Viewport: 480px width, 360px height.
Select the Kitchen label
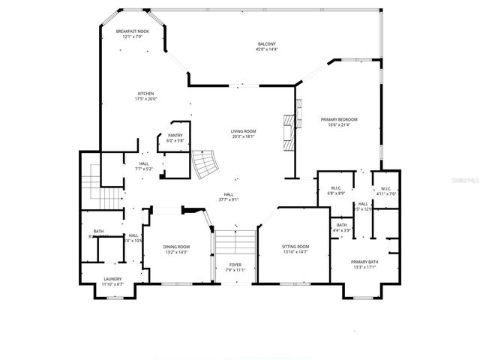click(x=145, y=94)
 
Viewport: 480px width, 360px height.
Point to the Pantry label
click(x=175, y=136)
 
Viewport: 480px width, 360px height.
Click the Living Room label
click(x=243, y=131)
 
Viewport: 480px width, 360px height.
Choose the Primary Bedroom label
click(x=339, y=119)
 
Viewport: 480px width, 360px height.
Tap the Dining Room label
click(x=177, y=247)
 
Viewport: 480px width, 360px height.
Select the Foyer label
click(x=235, y=265)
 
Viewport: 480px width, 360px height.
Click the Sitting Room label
click(x=295, y=247)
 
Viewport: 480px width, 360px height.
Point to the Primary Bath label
click(x=365, y=262)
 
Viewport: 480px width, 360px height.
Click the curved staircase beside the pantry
click(x=203, y=163)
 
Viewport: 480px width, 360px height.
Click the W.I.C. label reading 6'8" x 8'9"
click(x=336, y=193)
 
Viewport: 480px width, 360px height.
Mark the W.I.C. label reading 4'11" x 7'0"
click(x=386, y=193)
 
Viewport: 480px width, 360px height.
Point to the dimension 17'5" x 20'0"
click(x=145, y=99)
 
